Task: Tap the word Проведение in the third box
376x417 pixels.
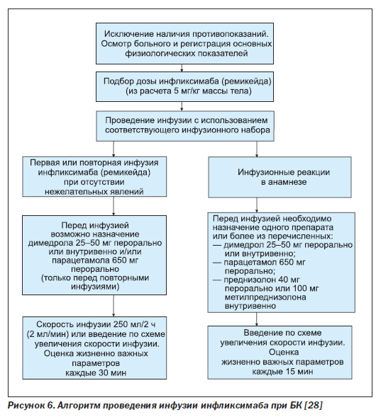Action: (130, 120)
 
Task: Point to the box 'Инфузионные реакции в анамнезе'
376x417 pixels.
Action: (280, 177)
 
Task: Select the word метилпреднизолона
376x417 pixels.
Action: (265, 297)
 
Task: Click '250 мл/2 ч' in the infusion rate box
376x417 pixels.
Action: (135, 324)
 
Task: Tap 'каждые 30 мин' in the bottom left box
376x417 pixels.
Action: (96, 373)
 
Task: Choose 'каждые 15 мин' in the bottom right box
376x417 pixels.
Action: (283, 371)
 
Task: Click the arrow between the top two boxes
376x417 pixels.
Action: (182, 68)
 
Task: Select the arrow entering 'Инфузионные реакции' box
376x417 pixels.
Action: (257, 149)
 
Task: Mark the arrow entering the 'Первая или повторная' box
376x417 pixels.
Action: (114, 149)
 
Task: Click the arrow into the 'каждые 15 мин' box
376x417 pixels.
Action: (257, 319)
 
